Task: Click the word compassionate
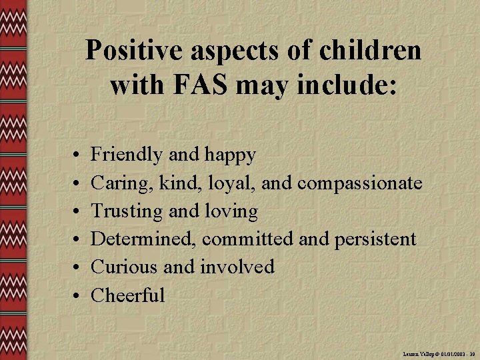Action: (360, 183)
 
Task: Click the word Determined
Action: (143, 239)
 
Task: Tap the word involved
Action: (237, 267)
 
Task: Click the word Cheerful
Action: (127, 295)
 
